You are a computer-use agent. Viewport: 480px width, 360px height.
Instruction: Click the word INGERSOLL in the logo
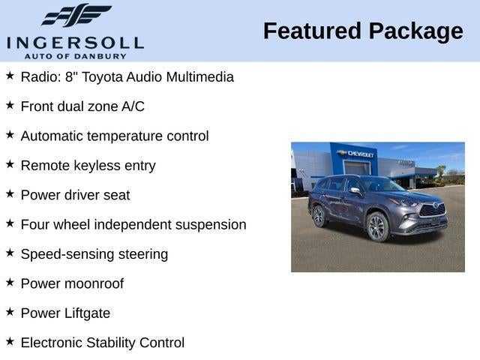[x=75, y=41]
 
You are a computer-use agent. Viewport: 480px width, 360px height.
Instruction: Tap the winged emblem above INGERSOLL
[x=76, y=16]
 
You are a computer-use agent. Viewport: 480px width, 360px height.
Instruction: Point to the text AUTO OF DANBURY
[x=75, y=56]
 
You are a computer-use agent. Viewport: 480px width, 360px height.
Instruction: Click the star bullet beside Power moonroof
[x=10, y=283]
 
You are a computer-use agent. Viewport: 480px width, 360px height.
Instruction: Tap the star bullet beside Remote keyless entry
[x=10, y=165]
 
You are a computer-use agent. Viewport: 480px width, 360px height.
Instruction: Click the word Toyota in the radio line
[x=103, y=77]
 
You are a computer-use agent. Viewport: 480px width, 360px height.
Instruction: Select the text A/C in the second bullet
[x=133, y=106]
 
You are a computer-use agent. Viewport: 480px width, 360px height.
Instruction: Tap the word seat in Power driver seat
[x=117, y=195]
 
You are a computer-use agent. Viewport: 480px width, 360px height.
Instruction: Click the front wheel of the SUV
[x=376, y=227]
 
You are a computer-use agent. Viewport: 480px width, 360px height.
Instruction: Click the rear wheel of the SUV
[x=319, y=216]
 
